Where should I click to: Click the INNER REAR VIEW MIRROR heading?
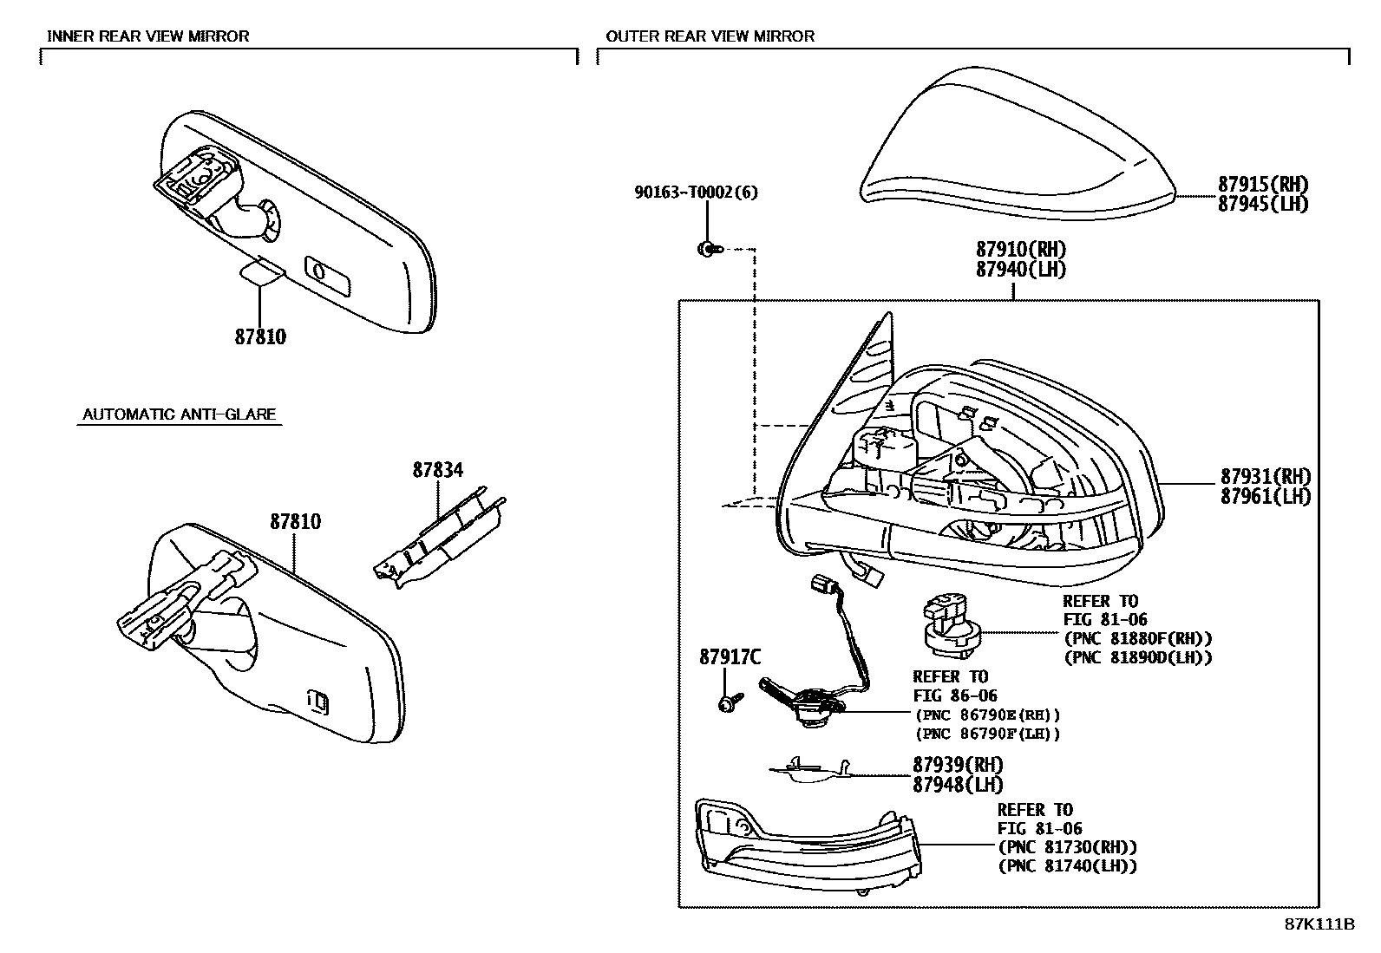pos(148,36)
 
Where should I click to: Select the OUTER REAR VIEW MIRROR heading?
pos(710,36)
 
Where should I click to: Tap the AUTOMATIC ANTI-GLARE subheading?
pos(179,414)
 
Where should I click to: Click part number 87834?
pos(438,470)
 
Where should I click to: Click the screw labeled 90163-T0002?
pos(710,249)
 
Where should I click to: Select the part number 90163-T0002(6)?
pos(696,193)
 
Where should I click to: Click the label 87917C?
pos(730,657)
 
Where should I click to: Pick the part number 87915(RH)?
pos(1263,185)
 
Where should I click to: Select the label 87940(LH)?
pos(1020,270)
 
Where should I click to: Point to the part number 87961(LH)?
pos(1265,496)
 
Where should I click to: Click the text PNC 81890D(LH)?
pos(1146,657)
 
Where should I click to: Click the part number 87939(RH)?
pos(958,765)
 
